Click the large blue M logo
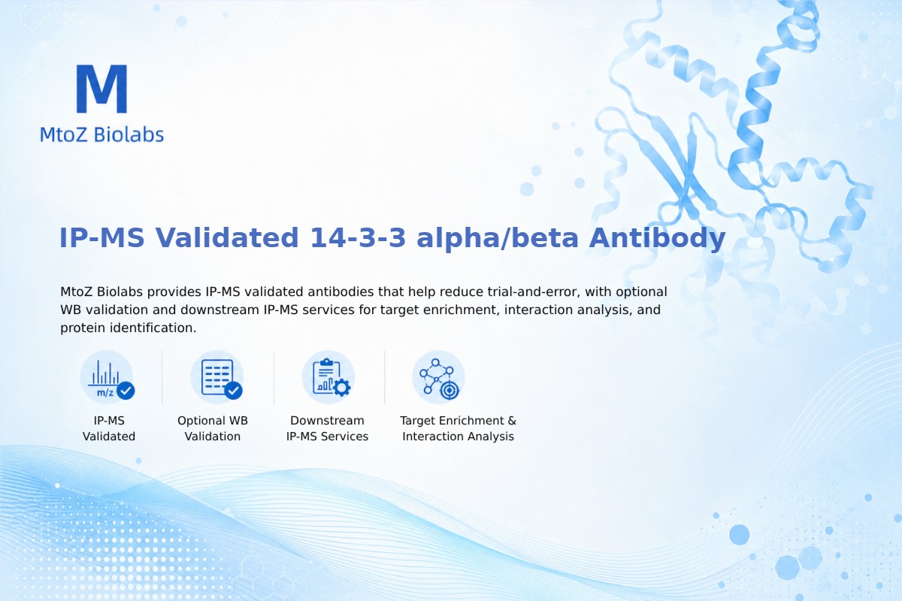point(102,89)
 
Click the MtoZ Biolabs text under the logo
point(102,134)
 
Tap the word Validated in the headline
point(227,237)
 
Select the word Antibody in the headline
point(657,239)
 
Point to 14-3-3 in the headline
point(358,237)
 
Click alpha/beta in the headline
point(498,239)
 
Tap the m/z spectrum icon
point(107,378)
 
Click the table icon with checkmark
point(217,378)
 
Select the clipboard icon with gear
point(328,378)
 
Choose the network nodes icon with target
point(438,378)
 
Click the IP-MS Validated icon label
point(109,428)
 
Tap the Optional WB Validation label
point(213,428)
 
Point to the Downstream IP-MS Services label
point(328,428)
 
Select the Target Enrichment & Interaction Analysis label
point(459,428)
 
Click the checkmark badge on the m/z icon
point(126,391)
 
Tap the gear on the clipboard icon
point(342,388)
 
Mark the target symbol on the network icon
point(449,390)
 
